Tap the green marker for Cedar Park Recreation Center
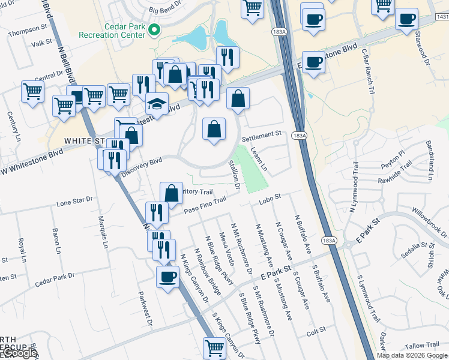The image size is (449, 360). coord(154,28)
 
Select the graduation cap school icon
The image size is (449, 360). coord(157,104)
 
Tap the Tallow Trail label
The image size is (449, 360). coord(423,345)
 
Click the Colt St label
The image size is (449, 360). coord(315,330)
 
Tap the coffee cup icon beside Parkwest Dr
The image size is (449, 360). coord(167,276)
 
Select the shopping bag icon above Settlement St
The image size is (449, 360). coord(214,128)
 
